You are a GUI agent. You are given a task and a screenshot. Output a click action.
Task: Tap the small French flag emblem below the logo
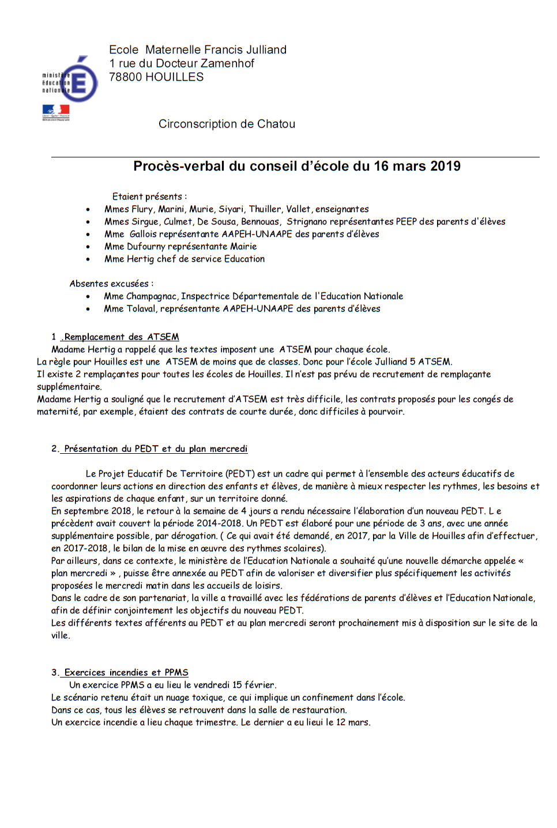56,111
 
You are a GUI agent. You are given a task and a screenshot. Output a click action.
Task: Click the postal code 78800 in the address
124,77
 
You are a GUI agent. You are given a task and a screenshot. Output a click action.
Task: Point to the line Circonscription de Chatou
227,124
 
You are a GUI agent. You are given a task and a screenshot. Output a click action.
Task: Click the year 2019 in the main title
445,167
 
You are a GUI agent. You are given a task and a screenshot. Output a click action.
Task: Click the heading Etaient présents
149,197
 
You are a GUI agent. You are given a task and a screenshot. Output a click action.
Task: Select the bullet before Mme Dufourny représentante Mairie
88,247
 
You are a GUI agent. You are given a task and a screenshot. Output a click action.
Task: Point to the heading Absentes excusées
111,284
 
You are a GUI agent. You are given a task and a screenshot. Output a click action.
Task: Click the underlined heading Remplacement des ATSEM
121,337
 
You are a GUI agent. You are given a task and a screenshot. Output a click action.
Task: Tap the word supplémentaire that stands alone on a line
69,387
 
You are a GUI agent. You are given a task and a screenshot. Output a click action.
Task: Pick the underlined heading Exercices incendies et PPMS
126,672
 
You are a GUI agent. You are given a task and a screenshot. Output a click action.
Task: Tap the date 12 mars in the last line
352,722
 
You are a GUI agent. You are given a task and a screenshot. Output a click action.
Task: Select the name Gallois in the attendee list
143,234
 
